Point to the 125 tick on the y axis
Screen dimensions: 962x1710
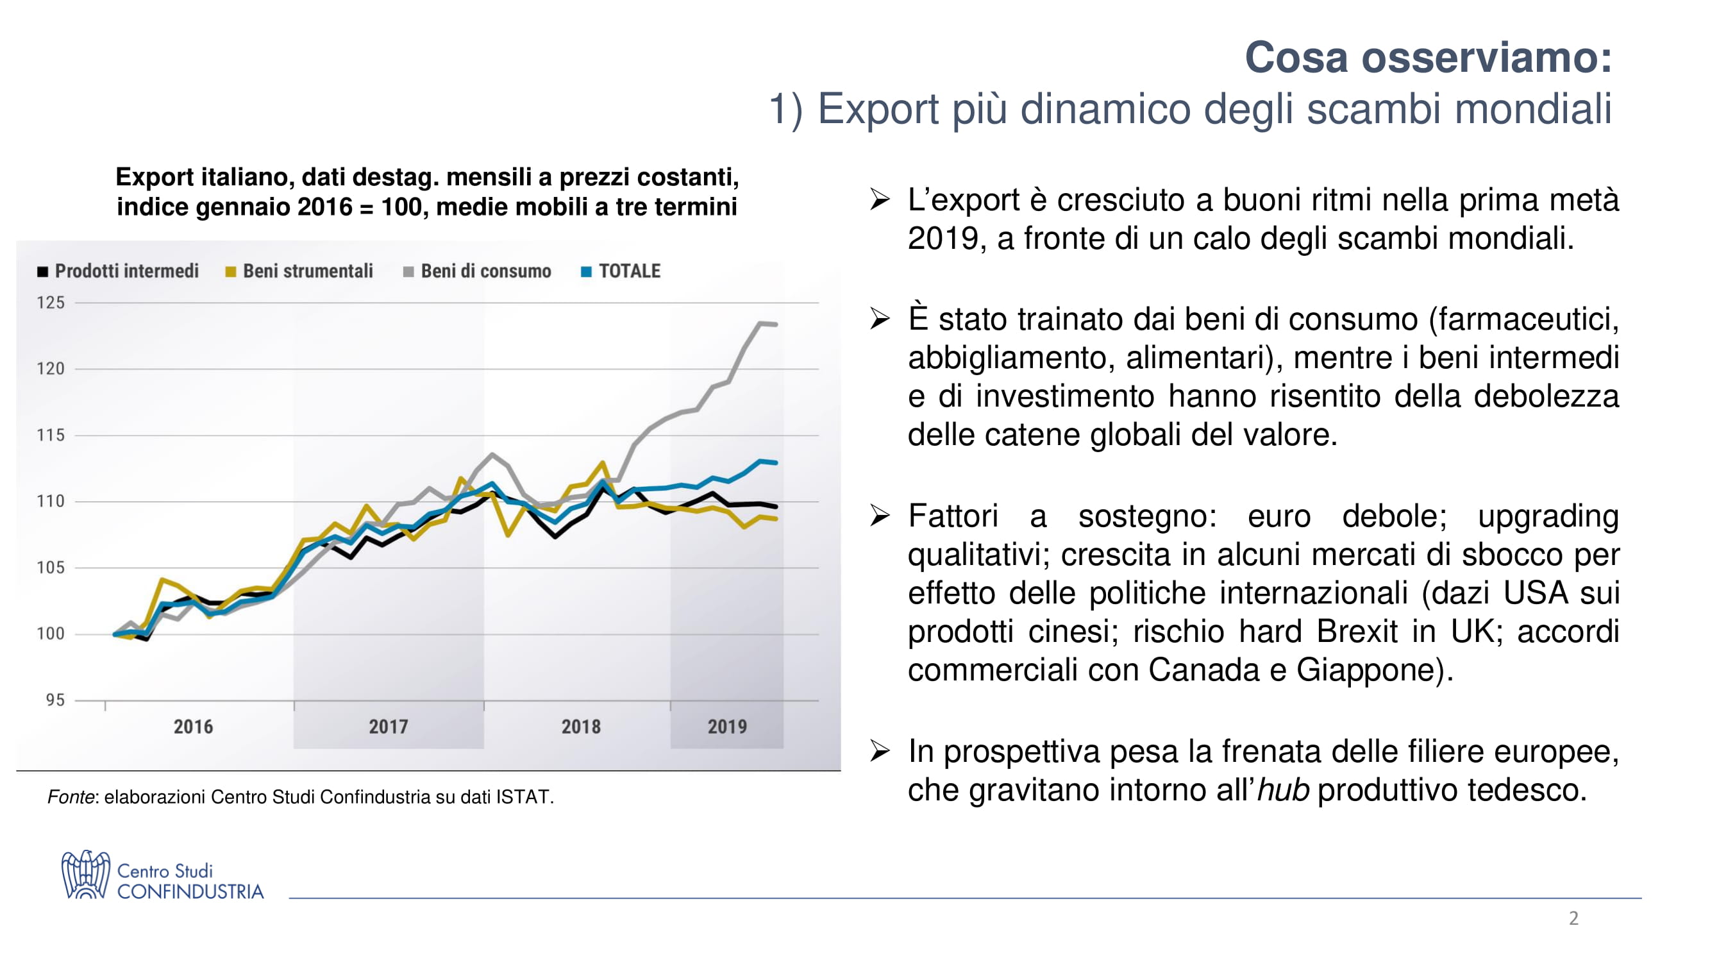pyautogui.click(x=51, y=303)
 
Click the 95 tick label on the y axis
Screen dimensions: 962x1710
pyautogui.click(x=55, y=700)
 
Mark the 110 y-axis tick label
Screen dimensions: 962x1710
pyautogui.click(x=51, y=502)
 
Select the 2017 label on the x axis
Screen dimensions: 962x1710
pyautogui.click(x=389, y=727)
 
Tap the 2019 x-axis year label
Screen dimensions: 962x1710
pyautogui.click(x=727, y=727)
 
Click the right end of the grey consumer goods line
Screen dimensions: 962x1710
pyautogui.click(x=775, y=325)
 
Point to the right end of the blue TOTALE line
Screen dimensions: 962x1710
pyautogui.click(x=775, y=463)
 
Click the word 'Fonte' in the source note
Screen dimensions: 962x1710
pyautogui.click(x=71, y=797)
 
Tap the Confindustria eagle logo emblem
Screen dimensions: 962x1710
pyautogui.click(x=85, y=875)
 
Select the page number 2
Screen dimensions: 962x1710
pyautogui.click(x=1573, y=918)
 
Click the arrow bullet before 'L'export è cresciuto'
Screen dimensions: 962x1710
pyautogui.click(x=880, y=199)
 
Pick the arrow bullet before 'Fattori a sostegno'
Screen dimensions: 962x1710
pyautogui.click(x=880, y=515)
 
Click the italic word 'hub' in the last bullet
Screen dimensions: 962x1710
pyautogui.click(x=1283, y=790)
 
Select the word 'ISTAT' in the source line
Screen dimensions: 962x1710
pyautogui.click(x=523, y=797)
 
